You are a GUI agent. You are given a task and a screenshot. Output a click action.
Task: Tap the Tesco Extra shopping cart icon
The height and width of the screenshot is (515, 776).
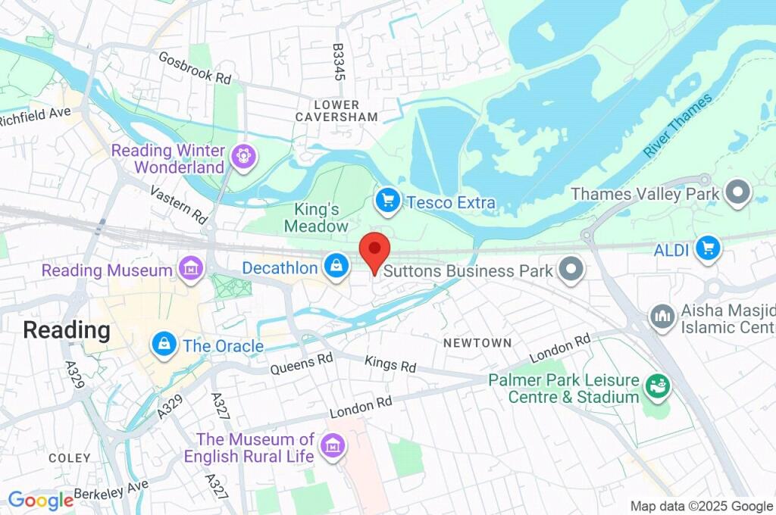tap(388, 201)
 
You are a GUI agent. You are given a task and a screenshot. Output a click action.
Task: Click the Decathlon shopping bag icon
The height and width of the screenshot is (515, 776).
tap(336, 266)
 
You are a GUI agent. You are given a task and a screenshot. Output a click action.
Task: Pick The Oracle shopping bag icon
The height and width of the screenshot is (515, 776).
tap(163, 345)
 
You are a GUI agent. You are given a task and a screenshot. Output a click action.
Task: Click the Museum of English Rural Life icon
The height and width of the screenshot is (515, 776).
tap(332, 446)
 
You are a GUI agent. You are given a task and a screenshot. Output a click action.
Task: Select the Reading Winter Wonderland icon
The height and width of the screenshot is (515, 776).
tap(244, 158)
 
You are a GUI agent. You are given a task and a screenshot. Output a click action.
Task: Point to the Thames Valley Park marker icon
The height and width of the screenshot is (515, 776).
tap(736, 193)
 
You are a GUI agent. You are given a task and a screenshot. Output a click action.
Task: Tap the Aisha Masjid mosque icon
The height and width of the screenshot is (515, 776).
tap(662, 317)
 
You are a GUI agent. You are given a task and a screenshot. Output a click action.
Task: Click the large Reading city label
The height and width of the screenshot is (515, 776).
tap(67, 330)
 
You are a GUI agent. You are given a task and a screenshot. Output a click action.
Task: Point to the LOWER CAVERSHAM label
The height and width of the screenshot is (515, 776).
tap(336, 111)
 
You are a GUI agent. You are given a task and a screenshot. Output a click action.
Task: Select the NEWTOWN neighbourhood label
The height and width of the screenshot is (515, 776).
tap(477, 343)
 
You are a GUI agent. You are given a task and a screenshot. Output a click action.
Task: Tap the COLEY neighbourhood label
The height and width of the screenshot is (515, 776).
tap(69, 458)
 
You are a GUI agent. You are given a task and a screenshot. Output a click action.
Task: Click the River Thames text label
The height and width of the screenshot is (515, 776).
tap(678, 126)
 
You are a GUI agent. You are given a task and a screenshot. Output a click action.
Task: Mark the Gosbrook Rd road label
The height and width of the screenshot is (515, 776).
tap(195, 68)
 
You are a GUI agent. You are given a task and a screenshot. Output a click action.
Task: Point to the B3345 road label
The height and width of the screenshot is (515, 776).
tap(339, 61)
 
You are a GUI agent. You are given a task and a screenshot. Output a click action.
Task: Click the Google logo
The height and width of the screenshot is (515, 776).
tap(40, 500)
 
